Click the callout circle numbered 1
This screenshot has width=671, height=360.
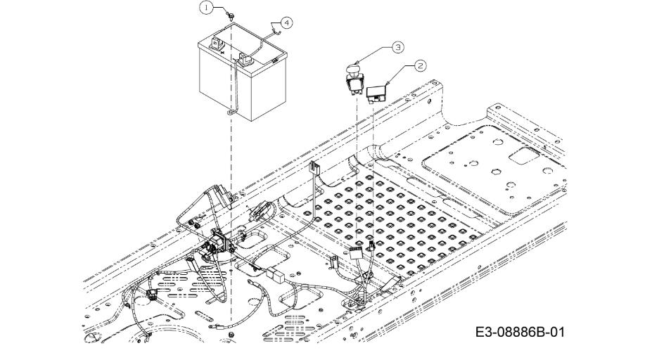[205, 7]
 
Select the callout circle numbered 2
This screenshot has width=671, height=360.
[421, 65]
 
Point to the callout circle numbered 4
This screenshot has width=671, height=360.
[287, 22]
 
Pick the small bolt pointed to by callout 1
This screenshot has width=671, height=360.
[230, 13]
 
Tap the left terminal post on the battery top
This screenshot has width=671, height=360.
[217, 42]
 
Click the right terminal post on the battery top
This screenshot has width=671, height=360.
[247, 60]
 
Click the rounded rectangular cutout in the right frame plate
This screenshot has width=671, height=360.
[524, 156]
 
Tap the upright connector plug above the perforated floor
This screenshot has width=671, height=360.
[314, 169]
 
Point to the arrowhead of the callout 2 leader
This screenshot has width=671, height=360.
[390, 82]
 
